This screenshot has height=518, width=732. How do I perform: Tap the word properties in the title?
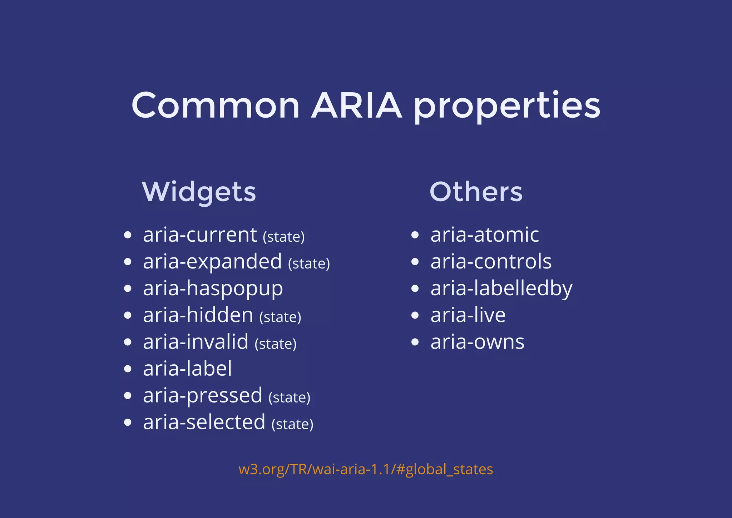pyautogui.click(x=507, y=106)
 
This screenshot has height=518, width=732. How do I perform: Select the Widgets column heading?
pyautogui.click(x=199, y=192)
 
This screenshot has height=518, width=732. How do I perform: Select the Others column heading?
pyautogui.click(x=476, y=192)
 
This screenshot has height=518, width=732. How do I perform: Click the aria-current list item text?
pyautogui.click(x=200, y=235)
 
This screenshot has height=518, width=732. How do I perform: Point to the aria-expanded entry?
pyautogui.click(x=212, y=262)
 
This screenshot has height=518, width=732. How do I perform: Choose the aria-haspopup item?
pyautogui.click(x=213, y=289)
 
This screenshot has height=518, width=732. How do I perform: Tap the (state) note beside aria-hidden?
pyautogui.click(x=280, y=317)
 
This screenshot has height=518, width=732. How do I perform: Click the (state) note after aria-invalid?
pyautogui.click(x=276, y=344)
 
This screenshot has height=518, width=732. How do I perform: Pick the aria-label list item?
pyautogui.click(x=187, y=369)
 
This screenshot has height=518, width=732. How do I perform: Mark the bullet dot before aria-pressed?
pyautogui.click(x=128, y=396)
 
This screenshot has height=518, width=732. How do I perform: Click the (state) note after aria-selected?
pyautogui.click(x=292, y=424)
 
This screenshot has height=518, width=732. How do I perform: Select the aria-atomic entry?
pyautogui.click(x=485, y=235)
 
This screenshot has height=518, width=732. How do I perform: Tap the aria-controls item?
pyautogui.click(x=491, y=262)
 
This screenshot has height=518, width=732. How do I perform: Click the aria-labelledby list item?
pyautogui.click(x=501, y=289)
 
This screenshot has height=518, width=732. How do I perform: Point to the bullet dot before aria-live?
pyautogui.click(x=415, y=315)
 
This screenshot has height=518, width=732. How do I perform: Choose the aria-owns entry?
pyautogui.click(x=477, y=342)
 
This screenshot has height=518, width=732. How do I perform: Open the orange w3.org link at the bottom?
pyautogui.click(x=366, y=469)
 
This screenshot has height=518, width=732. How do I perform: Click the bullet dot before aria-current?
pyautogui.click(x=128, y=235)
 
